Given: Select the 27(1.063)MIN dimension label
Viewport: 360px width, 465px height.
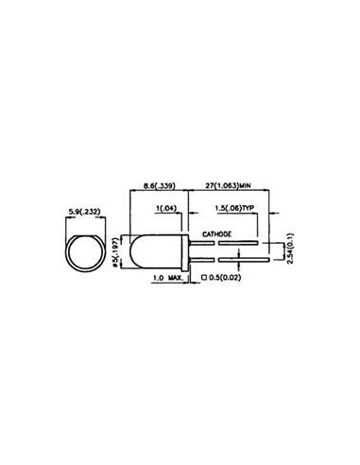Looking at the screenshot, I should click(x=230, y=187).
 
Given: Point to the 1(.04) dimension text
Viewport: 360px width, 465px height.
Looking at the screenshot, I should click(x=169, y=209).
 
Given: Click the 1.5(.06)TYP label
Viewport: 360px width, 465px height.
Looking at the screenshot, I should click(x=235, y=209).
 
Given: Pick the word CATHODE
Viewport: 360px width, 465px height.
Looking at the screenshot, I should click(x=221, y=232).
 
